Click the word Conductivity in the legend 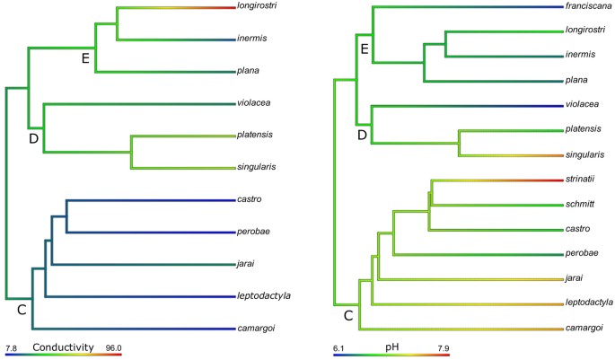(63, 347)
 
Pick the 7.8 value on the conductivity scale (12, 347)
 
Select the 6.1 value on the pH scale (339, 347)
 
